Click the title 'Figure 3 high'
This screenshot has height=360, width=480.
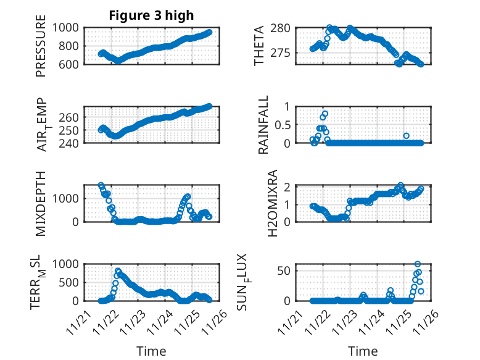(151, 15)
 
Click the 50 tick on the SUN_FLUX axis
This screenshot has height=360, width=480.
(284, 270)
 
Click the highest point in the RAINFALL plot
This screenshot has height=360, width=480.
(325, 114)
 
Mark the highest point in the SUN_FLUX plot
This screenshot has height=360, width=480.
(418, 264)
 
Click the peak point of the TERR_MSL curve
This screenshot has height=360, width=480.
(118, 271)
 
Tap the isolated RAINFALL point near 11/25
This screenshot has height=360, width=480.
(406, 136)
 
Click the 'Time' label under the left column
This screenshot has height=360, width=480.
(151, 351)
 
